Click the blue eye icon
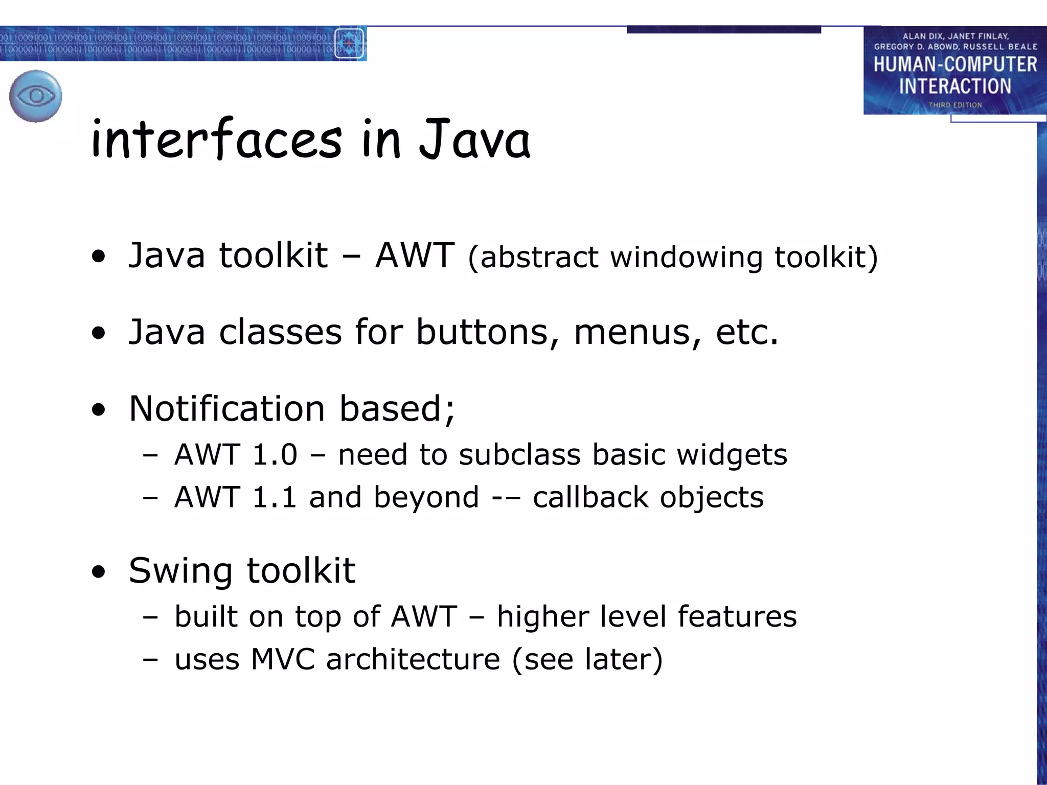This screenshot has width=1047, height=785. click(x=36, y=96)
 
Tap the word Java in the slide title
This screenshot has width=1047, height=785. click(x=474, y=139)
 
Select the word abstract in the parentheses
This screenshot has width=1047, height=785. click(x=539, y=257)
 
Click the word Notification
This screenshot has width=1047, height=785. click(x=227, y=409)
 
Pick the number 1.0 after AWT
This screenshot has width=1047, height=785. click(x=275, y=454)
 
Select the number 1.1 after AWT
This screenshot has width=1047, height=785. click(x=275, y=497)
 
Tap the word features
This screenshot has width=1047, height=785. click(x=737, y=616)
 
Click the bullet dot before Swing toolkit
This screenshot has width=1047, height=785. click(x=99, y=572)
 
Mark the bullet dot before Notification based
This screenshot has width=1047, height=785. click(x=99, y=410)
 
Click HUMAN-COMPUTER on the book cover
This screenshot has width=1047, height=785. click(x=955, y=64)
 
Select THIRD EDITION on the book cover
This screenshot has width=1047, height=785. click(x=955, y=105)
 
